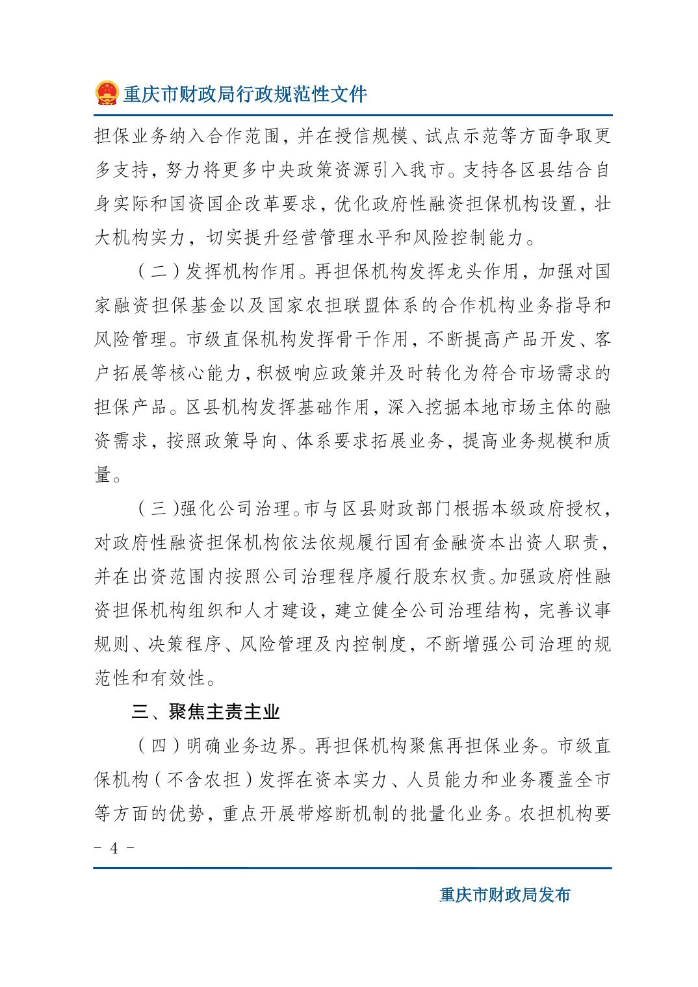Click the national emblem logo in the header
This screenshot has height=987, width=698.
click(105, 94)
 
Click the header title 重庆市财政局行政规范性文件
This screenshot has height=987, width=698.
click(245, 94)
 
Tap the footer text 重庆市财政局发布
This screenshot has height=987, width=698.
click(504, 895)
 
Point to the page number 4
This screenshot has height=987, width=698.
click(114, 849)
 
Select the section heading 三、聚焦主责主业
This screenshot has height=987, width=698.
click(206, 712)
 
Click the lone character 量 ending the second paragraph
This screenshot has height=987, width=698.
click(103, 475)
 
